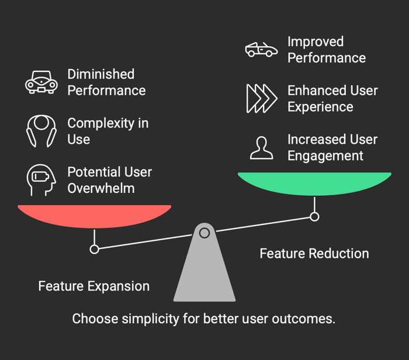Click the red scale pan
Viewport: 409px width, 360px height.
(x=95, y=216)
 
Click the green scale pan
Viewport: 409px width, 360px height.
(x=314, y=184)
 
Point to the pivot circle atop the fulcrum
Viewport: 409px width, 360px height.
(x=204, y=233)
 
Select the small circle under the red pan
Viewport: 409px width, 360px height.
(x=95, y=250)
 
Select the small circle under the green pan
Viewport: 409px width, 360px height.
(x=314, y=217)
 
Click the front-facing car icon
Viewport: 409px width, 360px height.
(x=41, y=82)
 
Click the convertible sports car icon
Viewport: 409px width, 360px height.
(x=261, y=49)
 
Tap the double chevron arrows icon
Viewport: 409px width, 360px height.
(x=262, y=99)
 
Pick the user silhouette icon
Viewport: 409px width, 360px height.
(x=262, y=148)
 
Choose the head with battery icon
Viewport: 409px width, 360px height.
(x=41, y=180)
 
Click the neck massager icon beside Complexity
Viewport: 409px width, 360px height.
(x=41, y=131)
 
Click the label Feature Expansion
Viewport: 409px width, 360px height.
(x=94, y=286)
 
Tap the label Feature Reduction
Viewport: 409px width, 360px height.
(x=314, y=254)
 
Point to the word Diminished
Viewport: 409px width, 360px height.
(x=101, y=74)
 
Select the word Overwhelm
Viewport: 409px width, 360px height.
(x=101, y=188)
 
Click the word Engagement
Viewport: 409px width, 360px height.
(x=325, y=156)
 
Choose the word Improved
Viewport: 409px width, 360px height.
(x=316, y=41)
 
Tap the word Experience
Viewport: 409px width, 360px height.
(x=320, y=107)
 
